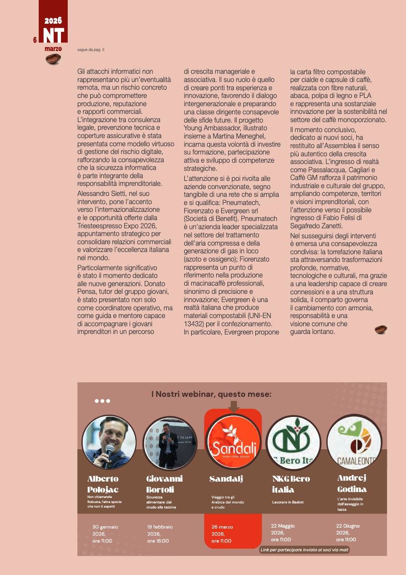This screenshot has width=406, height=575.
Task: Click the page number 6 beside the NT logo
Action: click(35, 40)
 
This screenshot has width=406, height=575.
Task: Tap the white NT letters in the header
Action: click(54, 36)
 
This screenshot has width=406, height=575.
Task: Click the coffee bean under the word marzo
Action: click(53, 59)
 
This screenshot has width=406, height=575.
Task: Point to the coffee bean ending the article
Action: click(381, 329)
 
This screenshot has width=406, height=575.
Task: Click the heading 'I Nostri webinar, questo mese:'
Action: click(211, 394)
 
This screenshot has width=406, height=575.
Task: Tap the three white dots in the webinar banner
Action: click(102, 401)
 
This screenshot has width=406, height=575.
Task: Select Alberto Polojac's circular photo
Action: click(109, 442)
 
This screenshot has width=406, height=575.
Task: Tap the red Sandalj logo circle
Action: click(233, 442)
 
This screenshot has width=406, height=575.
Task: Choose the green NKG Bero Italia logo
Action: click(293, 442)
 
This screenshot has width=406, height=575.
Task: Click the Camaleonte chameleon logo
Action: click(354, 442)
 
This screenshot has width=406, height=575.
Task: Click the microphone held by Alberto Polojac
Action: click(108, 454)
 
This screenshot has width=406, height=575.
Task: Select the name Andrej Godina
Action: click(352, 483)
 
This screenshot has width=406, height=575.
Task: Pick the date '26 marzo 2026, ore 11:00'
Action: click(222, 534)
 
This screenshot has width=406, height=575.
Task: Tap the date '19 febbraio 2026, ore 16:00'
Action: click(160, 534)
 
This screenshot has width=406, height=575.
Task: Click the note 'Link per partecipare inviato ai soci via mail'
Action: click(304, 550)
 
